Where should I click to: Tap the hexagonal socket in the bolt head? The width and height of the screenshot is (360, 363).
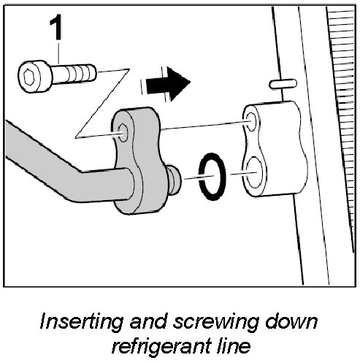point(29,77)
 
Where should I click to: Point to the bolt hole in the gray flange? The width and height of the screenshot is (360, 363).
point(123,133)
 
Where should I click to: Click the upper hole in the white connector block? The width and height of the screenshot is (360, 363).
point(251,121)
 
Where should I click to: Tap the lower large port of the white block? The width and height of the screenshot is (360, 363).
point(254,172)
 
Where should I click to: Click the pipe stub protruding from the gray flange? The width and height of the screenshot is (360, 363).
point(174,180)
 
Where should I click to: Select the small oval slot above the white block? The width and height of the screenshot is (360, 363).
point(283,84)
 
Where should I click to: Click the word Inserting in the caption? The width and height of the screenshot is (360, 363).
point(82,322)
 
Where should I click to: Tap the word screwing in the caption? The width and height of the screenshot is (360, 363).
point(215,322)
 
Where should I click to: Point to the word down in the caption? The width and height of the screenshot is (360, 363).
point(291,321)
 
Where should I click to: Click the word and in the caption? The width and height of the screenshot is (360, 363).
point(148,321)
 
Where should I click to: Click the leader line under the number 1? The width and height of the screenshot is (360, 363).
point(58,53)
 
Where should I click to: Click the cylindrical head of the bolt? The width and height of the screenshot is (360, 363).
point(35,77)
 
